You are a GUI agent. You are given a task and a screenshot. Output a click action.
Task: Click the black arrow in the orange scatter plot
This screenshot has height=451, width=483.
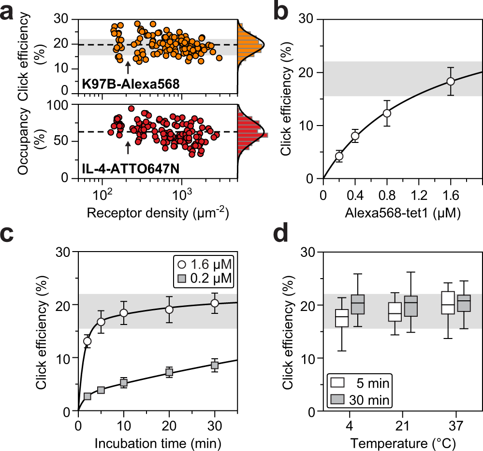(128, 66)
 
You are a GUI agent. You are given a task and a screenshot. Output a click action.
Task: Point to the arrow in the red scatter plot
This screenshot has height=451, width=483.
(128, 147)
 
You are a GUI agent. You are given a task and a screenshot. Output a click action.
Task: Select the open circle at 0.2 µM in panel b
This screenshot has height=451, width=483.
(339, 156)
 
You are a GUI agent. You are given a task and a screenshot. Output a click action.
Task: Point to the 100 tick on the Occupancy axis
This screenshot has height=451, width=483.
(60, 105)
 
